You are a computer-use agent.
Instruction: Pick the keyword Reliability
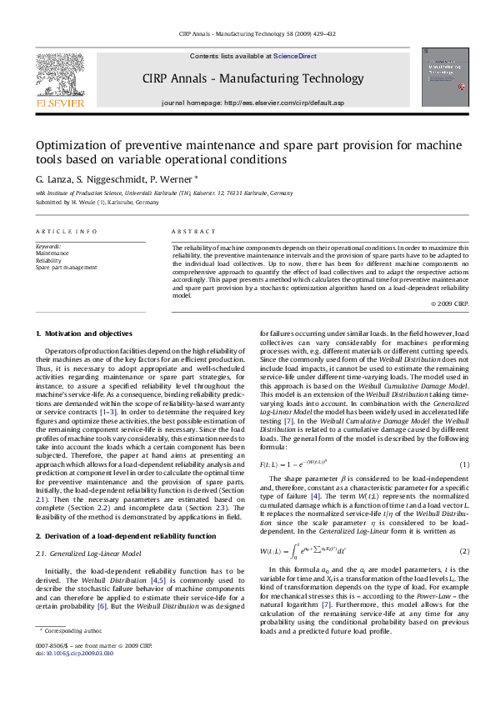click(x=48, y=261)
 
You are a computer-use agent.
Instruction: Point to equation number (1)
click(x=465, y=464)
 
